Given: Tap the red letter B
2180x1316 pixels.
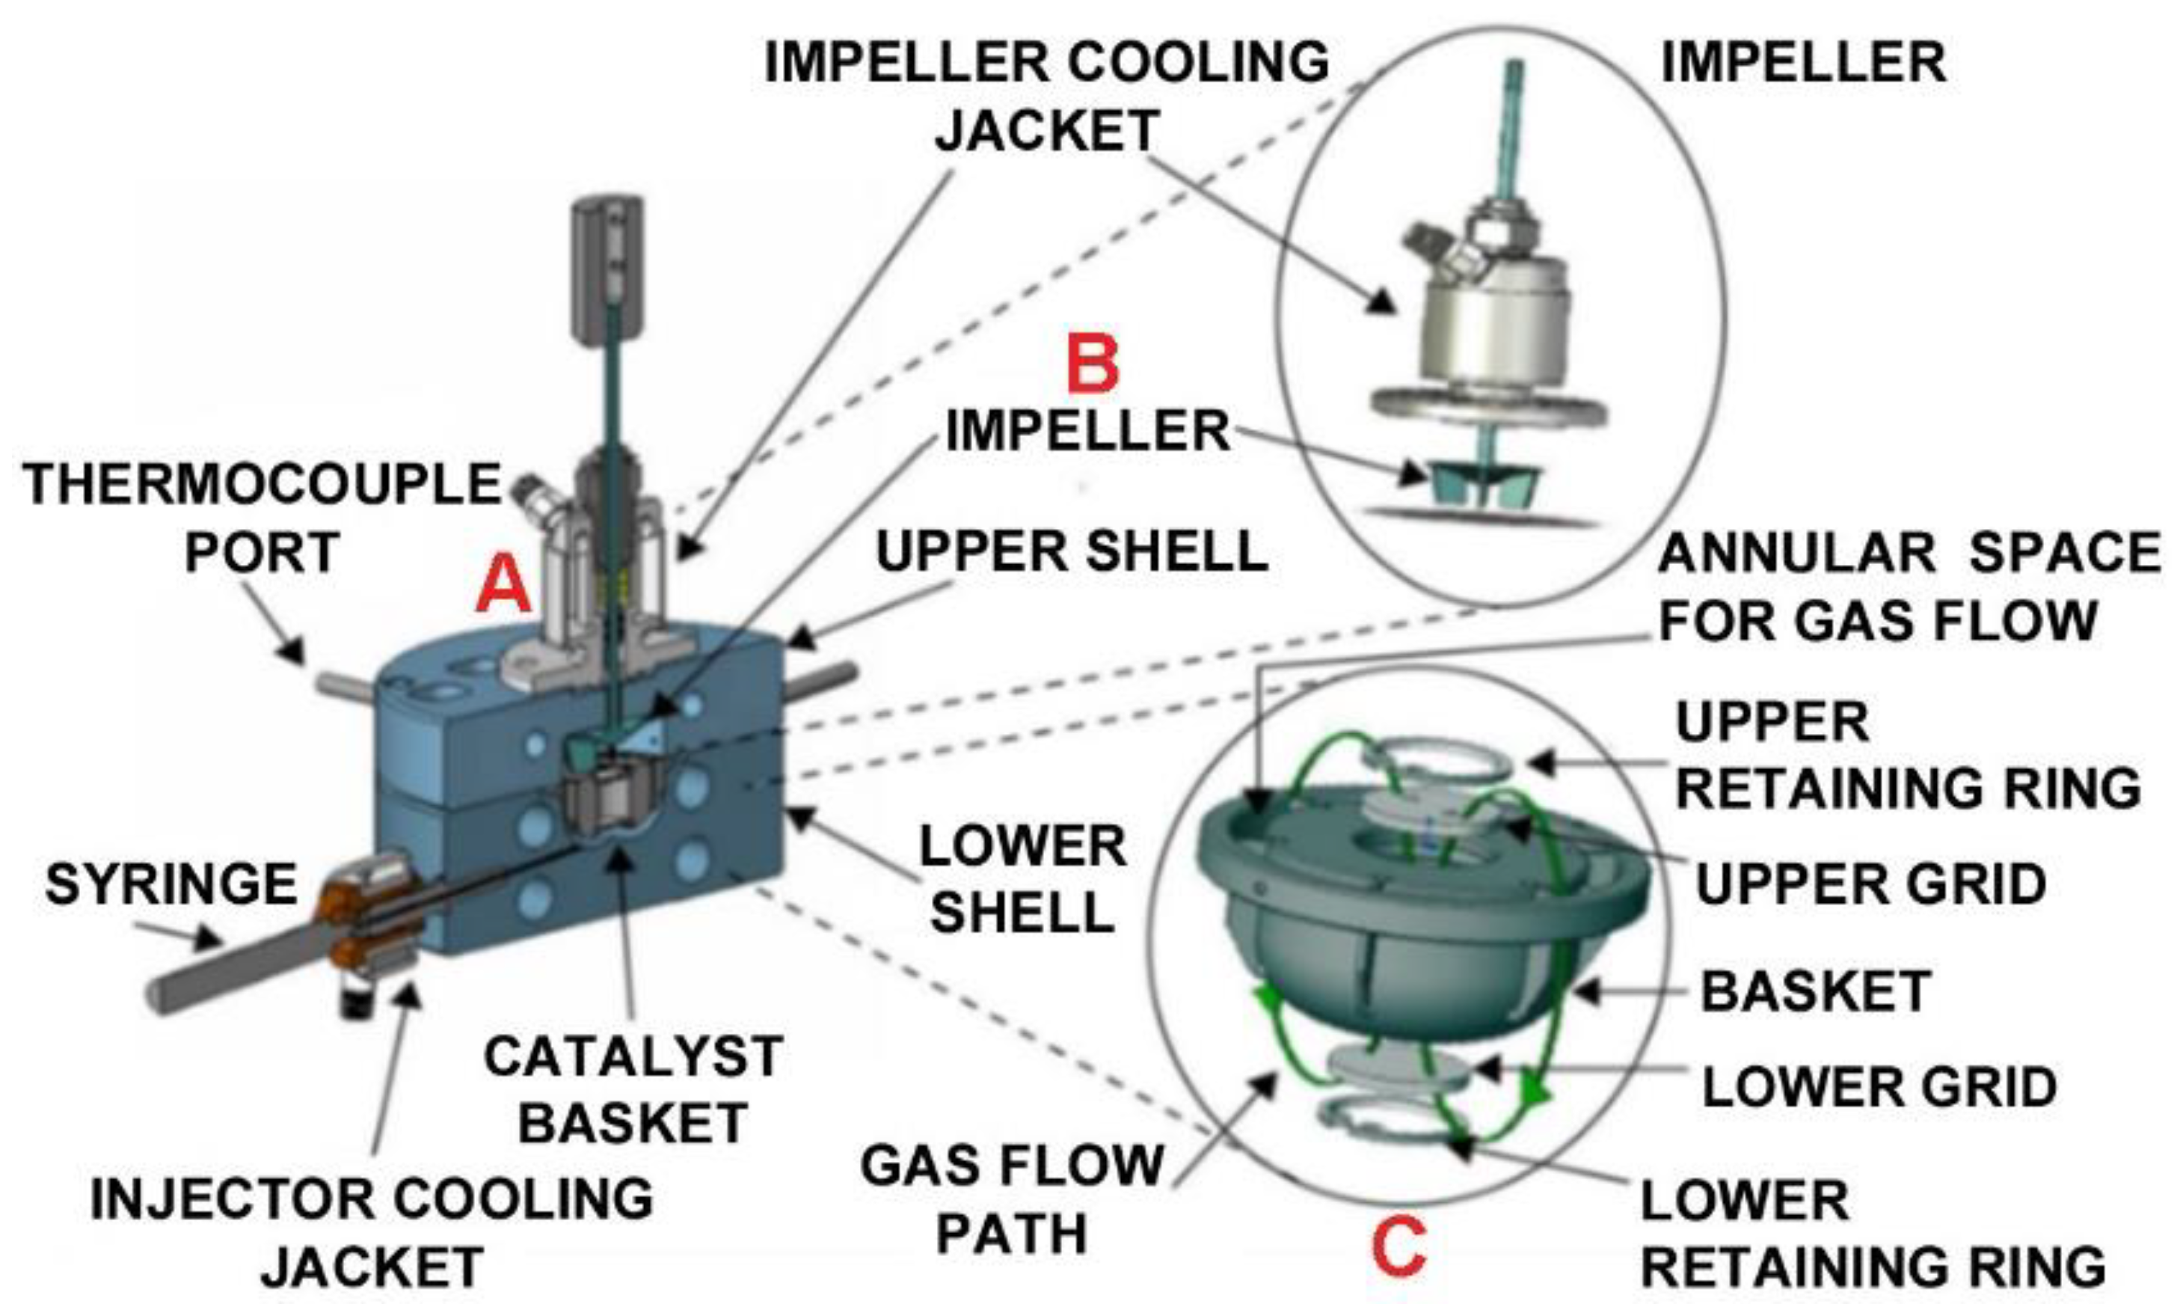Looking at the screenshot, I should pyautogui.click(x=1092, y=364).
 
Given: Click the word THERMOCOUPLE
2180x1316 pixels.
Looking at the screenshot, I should pyautogui.click(x=262, y=484).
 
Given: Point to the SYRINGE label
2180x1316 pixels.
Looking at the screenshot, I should pyautogui.click(x=171, y=884).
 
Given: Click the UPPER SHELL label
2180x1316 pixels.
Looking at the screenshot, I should pyautogui.click(x=1072, y=551).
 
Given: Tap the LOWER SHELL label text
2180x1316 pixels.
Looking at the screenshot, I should pyautogui.click(x=1023, y=879).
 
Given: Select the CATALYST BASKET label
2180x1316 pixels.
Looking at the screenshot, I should pyautogui.click(x=633, y=1089).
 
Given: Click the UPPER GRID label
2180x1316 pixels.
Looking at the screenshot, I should pyautogui.click(x=1870, y=884).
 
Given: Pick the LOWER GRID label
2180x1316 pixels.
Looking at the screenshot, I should pyautogui.click(x=1879, y=1087).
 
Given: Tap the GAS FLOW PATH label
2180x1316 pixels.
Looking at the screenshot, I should pyautogui.click(x=1011, y=1199).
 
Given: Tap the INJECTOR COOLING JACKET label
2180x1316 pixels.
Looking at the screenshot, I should pyautogui.click(x=372, y=1233).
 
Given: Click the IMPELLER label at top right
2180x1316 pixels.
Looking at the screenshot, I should pyautogui.click(x=1803, y=63).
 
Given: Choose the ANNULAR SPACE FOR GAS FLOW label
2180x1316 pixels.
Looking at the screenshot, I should pyautogui.click(x=1909, y=586).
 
